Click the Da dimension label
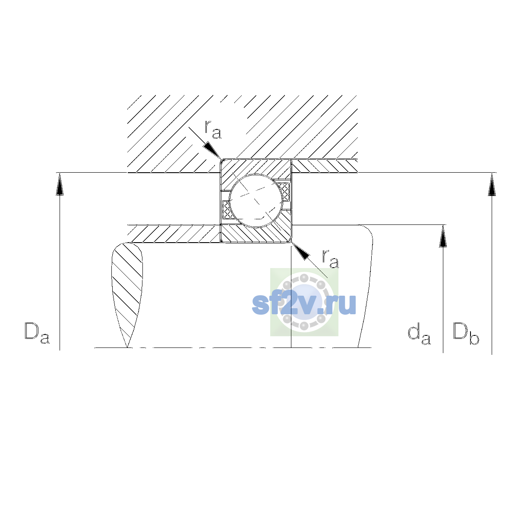[x=37, y=333]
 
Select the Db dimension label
[x=466, y=333]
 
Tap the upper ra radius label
[x=213, y=129]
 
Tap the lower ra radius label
[x=330, y=259]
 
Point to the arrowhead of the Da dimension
[x=60, y=184]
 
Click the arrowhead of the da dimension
[x=443, y=236]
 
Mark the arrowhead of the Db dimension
[x=492, y=184]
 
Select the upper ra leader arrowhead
[x=212, y=151]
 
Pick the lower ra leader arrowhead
[x=300, y=251]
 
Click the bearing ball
[x=256, y=201]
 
